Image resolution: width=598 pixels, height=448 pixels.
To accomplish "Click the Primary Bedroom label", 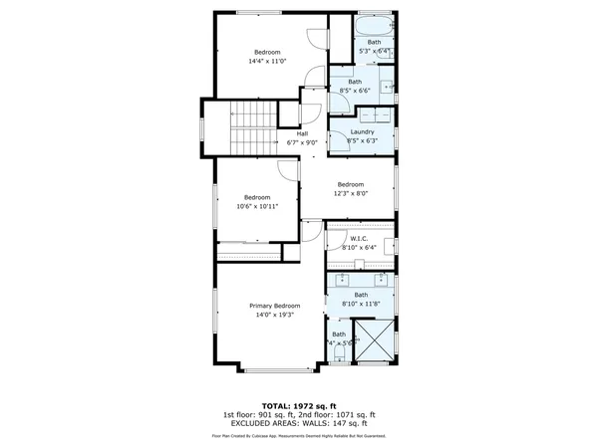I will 274,305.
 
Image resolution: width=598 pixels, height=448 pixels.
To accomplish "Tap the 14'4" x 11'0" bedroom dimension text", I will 267,61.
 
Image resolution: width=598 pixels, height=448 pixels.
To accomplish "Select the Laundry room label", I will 362,132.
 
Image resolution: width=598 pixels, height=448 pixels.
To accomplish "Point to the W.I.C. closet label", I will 360,238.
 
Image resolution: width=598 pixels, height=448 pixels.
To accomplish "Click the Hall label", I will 301,133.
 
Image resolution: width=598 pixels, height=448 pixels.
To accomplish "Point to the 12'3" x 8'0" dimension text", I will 350,193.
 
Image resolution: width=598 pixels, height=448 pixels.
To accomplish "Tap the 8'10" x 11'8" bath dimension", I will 361,304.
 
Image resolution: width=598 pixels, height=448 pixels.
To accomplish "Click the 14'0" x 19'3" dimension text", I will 274,314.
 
